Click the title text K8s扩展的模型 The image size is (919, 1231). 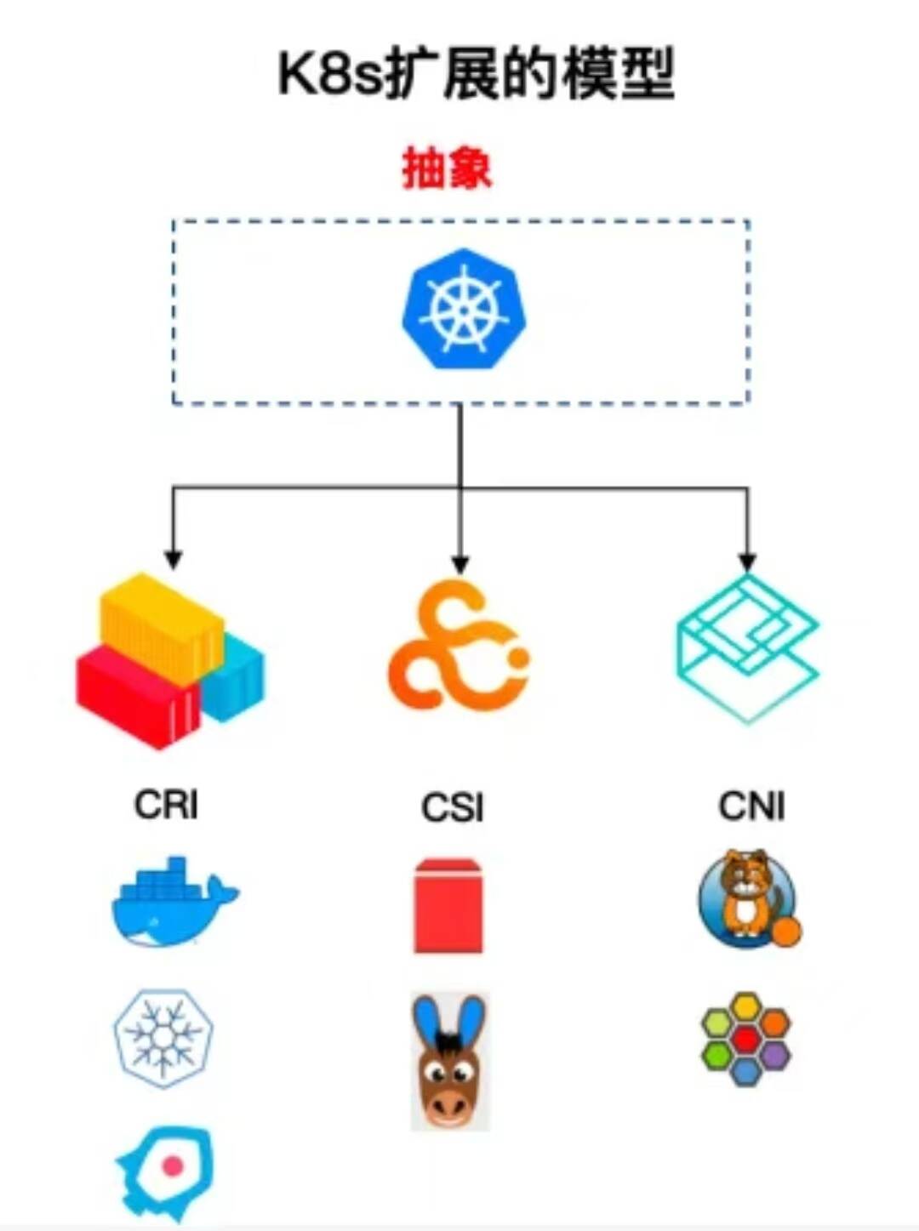pos(477,75)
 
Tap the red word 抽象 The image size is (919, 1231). pos(447,168)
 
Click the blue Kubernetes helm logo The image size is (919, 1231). pos(464,309)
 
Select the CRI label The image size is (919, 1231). pos(166,804)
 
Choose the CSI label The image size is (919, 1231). pos(452,806)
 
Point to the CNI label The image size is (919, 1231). pos(751,806)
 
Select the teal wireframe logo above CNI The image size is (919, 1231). pos(747,647)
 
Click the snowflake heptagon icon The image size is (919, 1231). pos(163,1037)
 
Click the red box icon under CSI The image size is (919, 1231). pos(448,905)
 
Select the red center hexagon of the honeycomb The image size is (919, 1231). pos(745,1039)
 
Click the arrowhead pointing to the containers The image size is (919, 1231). pos(173,559)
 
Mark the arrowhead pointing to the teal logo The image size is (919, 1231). pos(747,561)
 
